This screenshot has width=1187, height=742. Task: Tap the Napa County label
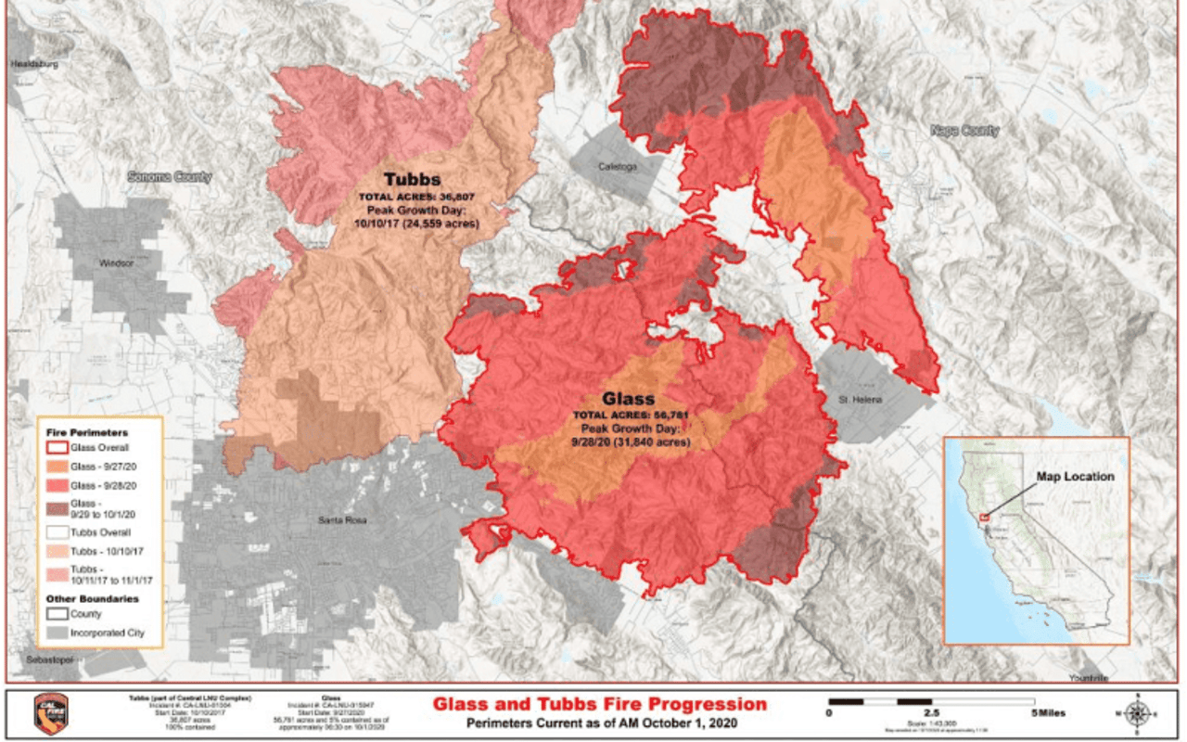(x=964, y=131)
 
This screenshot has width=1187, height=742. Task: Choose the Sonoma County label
(x=169, y=176)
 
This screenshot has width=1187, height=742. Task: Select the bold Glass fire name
(x=629, y=398)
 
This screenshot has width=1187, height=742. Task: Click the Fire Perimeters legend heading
(x=87, y=432)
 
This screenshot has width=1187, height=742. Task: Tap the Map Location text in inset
(x=1075, y=477)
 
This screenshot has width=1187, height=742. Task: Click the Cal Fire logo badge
(x=51, y=714)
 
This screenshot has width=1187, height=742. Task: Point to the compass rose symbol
(x=1138, y=712)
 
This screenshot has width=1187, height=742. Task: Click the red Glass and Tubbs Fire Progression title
(x=600, y=704)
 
